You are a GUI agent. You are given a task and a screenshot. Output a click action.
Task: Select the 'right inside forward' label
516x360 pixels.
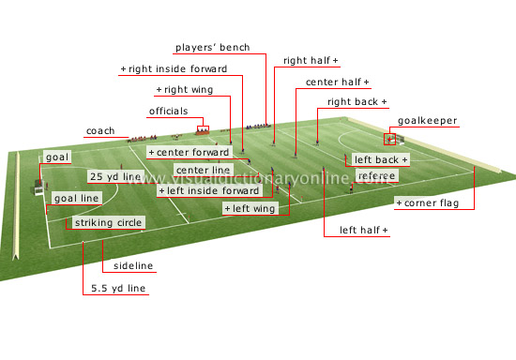(x=176, y=68)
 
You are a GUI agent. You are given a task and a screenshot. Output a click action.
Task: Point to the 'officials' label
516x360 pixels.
(x=169, y=112)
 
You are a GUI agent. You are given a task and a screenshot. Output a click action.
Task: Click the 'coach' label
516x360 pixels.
(x=100, y=131)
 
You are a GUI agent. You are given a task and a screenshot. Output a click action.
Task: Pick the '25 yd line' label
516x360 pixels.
(x=115, y=175)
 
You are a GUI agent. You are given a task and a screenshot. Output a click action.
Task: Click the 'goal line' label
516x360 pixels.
(x=77, y=199)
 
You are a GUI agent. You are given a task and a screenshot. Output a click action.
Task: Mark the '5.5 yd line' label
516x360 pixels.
(x=113, y=289)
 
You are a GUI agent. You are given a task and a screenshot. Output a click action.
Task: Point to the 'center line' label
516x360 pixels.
(x=203, y=170)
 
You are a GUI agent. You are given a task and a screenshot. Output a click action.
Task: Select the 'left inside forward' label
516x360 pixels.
(x=209, y=190)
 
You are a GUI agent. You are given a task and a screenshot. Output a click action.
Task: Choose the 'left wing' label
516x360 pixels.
(x=251, y=208)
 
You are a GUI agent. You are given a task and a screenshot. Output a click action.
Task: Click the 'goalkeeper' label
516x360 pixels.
(x=428, y=121)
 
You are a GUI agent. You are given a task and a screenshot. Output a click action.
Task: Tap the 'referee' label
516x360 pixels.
(x=376, y=175)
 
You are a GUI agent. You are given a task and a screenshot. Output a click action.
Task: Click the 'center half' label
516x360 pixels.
(x=337, y=82)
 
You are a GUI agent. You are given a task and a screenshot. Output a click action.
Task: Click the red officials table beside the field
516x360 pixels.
(x=202, y=130)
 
